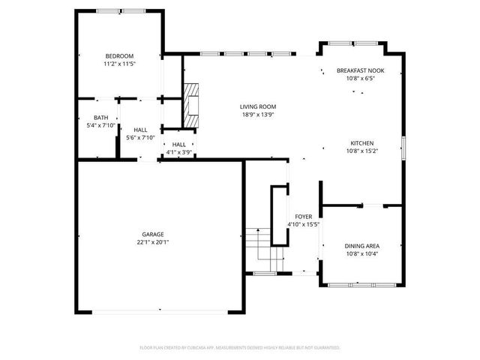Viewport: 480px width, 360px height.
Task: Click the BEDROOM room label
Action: coord(119,57)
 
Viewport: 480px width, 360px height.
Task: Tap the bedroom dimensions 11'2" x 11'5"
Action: coord(119,64)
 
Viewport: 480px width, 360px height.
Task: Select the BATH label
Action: coord(100,118)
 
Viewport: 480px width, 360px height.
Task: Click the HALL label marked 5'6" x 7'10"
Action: coord(140,130)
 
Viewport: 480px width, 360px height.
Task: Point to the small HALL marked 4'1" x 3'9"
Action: coord(178,145)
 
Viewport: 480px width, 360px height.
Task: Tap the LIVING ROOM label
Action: coord(258,107)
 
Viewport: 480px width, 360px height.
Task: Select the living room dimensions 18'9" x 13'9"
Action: coord(258,115)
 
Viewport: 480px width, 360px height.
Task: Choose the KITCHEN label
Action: coord(362,143)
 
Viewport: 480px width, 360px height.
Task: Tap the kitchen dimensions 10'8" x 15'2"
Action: coord(362,151)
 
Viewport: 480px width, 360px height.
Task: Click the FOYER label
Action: coord(304,216)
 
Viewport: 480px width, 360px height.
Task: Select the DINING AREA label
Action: coord(362,246)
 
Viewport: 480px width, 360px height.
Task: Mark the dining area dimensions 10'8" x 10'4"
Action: coord(362,253)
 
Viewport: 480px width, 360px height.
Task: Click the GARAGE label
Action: coord(153,234)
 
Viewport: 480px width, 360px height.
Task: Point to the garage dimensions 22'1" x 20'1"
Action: coord(153,242)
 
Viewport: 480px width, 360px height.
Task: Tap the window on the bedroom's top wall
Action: coord(119,11)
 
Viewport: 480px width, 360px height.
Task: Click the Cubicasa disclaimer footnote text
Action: coord(240,347)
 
